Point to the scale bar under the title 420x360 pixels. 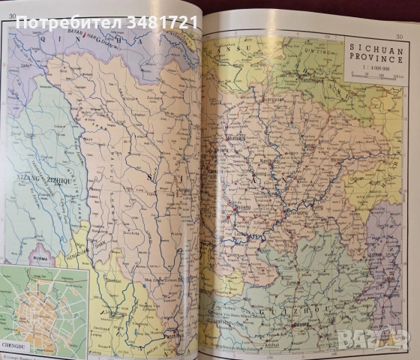tap(373, 76)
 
